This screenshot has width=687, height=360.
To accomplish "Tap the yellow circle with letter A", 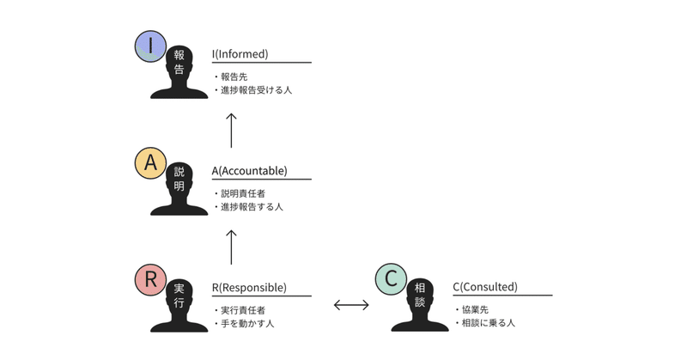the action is pyautogui.click(x=151, y=163).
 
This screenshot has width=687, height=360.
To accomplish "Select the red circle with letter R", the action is pyautogui.click(x=151, y=279).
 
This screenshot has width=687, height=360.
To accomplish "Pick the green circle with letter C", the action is pyautogui.click(x=392, y=279).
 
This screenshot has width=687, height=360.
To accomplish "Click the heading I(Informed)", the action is pyautogui.click(x=240, y=54).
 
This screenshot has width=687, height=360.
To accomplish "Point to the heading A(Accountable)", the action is pyautogui.click(x=250, y=170).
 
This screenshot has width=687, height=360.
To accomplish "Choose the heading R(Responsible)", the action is pyautogui.click(x=249, y=287).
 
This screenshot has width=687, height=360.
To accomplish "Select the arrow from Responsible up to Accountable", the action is pyautogui.click(x=231, y=247).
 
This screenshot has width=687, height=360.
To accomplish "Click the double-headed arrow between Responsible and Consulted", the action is pyautogui.click(x=351, y=304).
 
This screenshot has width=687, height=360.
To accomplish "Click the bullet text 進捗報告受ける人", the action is pyautogui.click(x=253, y=89).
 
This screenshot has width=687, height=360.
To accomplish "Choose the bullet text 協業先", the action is pyautogui.click(x=476, y=310).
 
